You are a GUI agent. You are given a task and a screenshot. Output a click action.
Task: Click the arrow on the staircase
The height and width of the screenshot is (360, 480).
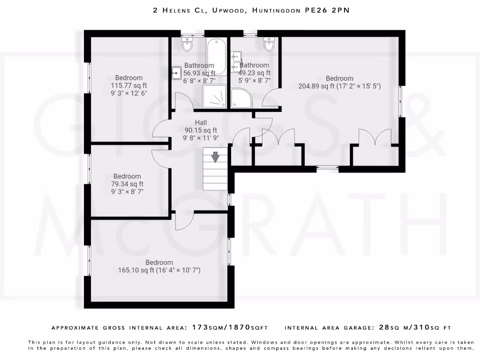pos(215,157)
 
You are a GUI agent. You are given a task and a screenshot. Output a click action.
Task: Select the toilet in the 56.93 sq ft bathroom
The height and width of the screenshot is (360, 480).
pos(187,45)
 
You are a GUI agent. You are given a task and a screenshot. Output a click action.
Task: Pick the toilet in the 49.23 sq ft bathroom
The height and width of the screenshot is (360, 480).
pos(269,45)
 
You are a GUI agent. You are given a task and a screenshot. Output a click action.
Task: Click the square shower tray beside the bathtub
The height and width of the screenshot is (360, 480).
pos(216,97)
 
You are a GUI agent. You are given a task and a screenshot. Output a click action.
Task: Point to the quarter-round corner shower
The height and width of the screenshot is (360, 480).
pos(241,98)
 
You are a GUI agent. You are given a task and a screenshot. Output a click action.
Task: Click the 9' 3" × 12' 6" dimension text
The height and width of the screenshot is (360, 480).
pos(129,93)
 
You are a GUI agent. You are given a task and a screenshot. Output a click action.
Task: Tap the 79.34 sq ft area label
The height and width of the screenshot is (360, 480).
pos(127,184)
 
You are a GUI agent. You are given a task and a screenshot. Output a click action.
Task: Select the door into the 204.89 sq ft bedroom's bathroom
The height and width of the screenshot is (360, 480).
pos(270,99)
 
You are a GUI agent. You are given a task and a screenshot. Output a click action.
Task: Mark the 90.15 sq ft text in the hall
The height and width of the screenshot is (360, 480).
pos(201,130)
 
